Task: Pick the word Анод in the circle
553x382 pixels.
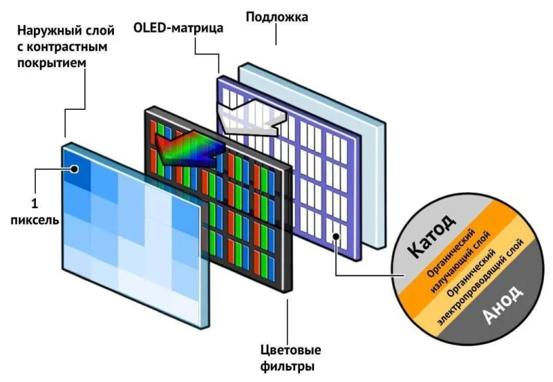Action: (503, 306)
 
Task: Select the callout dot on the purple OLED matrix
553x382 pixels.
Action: (335, 236)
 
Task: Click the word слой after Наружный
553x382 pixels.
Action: (99, 32)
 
